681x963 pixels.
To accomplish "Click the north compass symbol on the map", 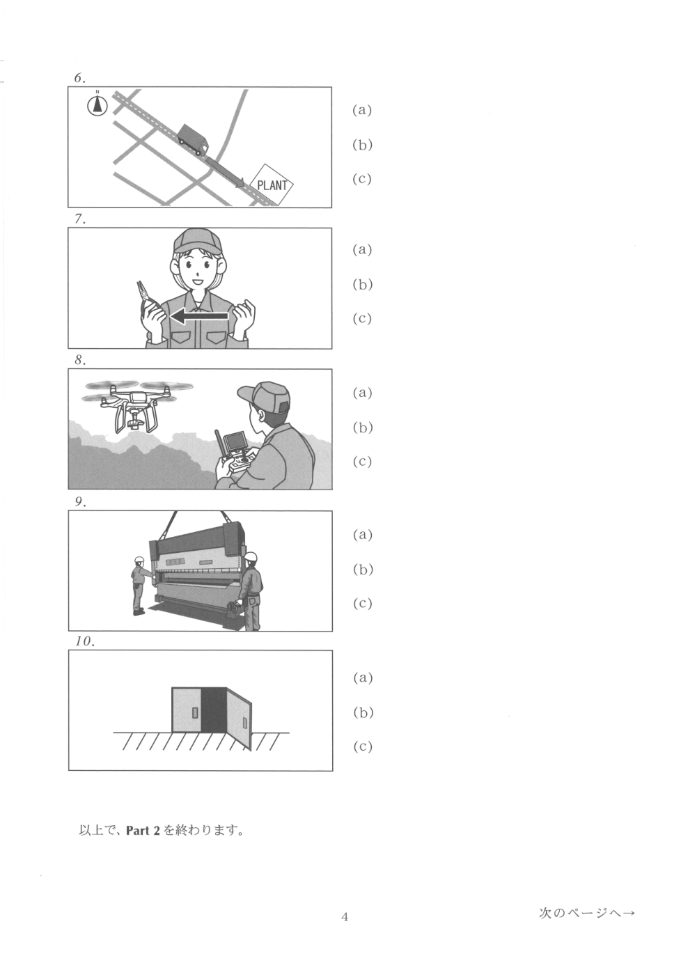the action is pyautogui.click(x=97, y=104).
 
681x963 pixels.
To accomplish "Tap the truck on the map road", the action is pyautogui.click(x=193, y=140).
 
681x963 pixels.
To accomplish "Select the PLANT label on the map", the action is pyautogui.click(x=272, y=185).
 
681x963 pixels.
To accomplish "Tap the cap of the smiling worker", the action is pyautogui.click(x=198, y=241).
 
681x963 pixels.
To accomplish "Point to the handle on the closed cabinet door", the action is pyautogui.click(x=195, y=712).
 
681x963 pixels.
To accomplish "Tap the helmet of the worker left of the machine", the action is pyautogui.click(x=139, y=560).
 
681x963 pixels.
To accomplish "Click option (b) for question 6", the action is pyautogui.click(x=362, y=145).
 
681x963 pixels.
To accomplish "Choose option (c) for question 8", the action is pyautogui.click(x=362, y=461).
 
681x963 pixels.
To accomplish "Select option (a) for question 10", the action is pyautogui.click(x=362, y=678).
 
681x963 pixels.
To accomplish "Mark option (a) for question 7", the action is pyautogui.click(x=362, y=249).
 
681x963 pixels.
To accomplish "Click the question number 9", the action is pyautogui.click(x=80, y=501).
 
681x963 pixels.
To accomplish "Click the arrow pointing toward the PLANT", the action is pyautogui.click(x=226, y=172).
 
